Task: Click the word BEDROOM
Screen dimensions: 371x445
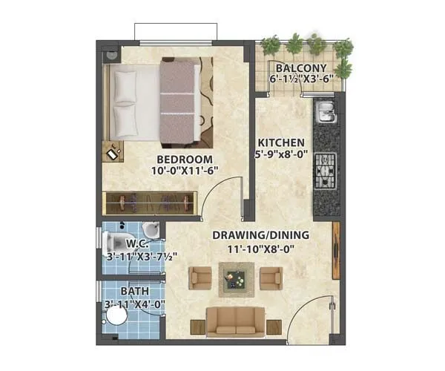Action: [185, 160]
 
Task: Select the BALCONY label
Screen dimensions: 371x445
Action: [300, 66]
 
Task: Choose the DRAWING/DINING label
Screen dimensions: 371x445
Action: [261, 235]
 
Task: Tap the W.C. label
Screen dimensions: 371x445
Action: [136, 243]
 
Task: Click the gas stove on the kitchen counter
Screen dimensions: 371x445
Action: [325, 171]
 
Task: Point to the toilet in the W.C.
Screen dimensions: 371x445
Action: [115, 241]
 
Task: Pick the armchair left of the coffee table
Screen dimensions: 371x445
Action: [201, 278]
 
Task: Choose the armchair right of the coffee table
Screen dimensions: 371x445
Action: [271, 278]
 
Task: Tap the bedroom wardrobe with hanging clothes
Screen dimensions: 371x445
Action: [151, 202]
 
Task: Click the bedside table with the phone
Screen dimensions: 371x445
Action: [113, 151]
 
